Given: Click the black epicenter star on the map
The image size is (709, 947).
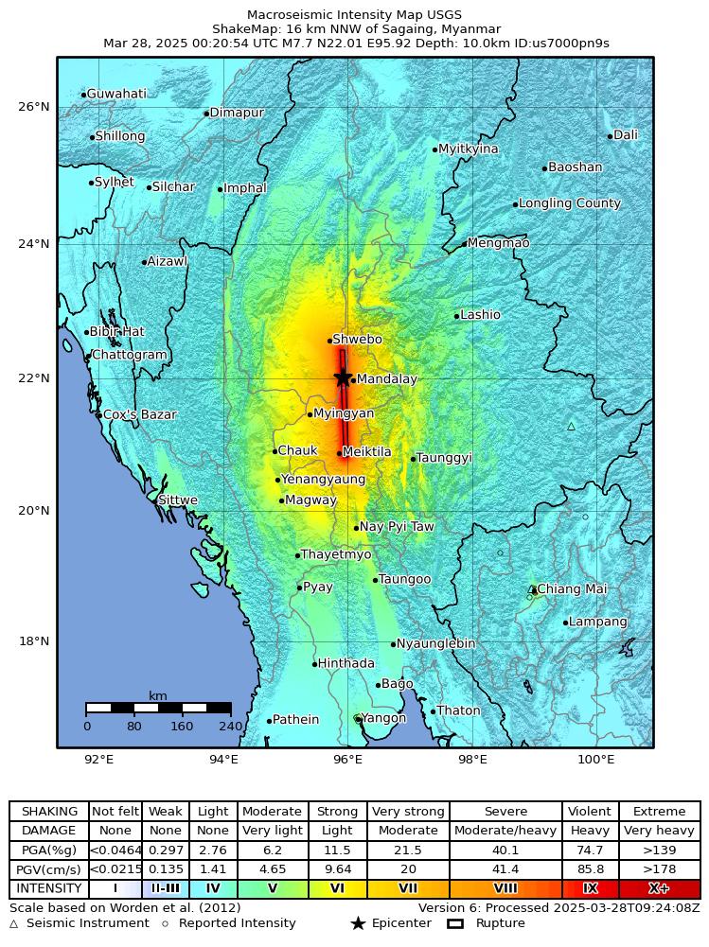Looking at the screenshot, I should [343, 377].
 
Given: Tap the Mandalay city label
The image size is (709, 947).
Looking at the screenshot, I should [386, 379].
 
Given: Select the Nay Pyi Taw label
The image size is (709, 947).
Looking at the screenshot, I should [397, 527].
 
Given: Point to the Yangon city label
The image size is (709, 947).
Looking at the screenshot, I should [383, 718].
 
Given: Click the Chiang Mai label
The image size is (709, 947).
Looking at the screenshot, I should [572, 589].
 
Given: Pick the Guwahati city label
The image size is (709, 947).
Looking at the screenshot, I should [116, 94].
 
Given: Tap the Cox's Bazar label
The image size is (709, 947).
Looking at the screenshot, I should [139, 414].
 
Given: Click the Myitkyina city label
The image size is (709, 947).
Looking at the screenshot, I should [469, 149].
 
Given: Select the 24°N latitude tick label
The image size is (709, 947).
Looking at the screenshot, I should [34, 244].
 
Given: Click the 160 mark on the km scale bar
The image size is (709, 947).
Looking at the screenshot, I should [182, 727].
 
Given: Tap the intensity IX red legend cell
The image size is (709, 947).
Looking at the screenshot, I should [590, 889].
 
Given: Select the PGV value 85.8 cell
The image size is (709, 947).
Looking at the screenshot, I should [590, 869].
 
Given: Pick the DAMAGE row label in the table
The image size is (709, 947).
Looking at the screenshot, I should [49, 831].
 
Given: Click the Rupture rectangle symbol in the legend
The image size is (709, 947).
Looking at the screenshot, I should [454, 923].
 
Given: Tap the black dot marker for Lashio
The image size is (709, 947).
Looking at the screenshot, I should [456, 316].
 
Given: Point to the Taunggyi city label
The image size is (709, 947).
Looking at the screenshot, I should [444, 458].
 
